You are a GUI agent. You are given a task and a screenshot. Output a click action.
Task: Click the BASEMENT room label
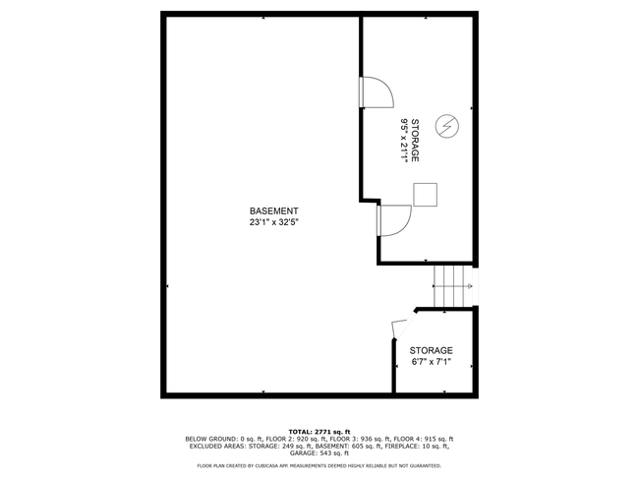274,211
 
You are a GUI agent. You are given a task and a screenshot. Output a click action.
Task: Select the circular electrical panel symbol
447,126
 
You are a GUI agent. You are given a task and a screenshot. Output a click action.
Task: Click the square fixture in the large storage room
426,195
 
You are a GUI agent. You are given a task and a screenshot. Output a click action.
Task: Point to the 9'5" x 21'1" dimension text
405,141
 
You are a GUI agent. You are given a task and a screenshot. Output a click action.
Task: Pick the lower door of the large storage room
395,220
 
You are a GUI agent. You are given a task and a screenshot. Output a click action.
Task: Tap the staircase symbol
453,286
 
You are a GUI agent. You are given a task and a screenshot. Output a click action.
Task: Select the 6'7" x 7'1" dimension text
432,362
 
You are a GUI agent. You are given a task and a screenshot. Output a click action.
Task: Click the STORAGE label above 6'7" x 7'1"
432,350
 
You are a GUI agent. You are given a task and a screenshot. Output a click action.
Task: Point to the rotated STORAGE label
415,141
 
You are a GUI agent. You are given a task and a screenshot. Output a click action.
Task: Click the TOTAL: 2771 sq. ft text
319,432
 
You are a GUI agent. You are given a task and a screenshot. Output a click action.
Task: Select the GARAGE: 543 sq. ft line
319,452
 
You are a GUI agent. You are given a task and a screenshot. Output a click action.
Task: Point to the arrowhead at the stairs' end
470,286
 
